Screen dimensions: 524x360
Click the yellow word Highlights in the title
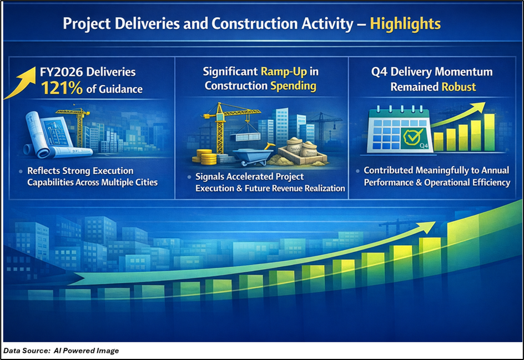[405, 24]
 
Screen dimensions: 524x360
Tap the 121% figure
[62, 89]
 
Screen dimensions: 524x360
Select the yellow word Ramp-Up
[284, 72]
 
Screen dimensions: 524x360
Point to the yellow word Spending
[293, 86]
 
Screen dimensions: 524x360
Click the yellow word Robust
[458, 87]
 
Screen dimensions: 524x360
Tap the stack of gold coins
[204, 158]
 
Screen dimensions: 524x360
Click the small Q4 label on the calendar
[424, 145]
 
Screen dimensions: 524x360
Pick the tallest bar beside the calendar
[489, 132]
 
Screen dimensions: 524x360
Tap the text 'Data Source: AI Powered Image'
[61, 351]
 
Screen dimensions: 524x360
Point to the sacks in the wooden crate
[302, 147]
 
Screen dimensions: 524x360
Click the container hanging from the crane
[245, 136]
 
